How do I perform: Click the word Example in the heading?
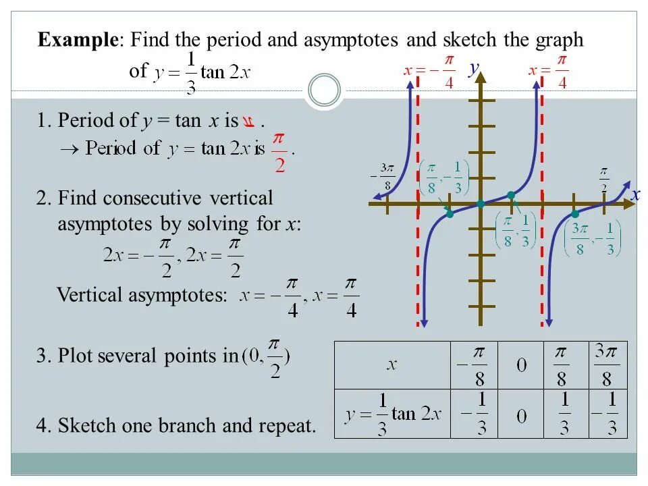[x=77, y=40]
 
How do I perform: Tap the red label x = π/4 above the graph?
[x=549, y=71]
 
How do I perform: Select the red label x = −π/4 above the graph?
[x=429, y=71]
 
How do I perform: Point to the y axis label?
[x=474, y=67]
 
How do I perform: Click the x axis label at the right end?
[x=635, y=195]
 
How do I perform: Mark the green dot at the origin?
[x=480, y=203]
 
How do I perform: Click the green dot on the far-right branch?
[x=574, y=214]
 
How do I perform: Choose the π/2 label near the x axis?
[x=603, y=178]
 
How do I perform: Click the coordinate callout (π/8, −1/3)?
[x=443, y=178]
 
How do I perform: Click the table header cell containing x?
[x=391, y=365]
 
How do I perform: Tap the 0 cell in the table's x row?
[x=521, y=365]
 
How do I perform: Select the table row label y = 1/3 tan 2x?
[x=392, y=414]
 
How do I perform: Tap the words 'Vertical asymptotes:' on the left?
[x=142, y=295]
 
